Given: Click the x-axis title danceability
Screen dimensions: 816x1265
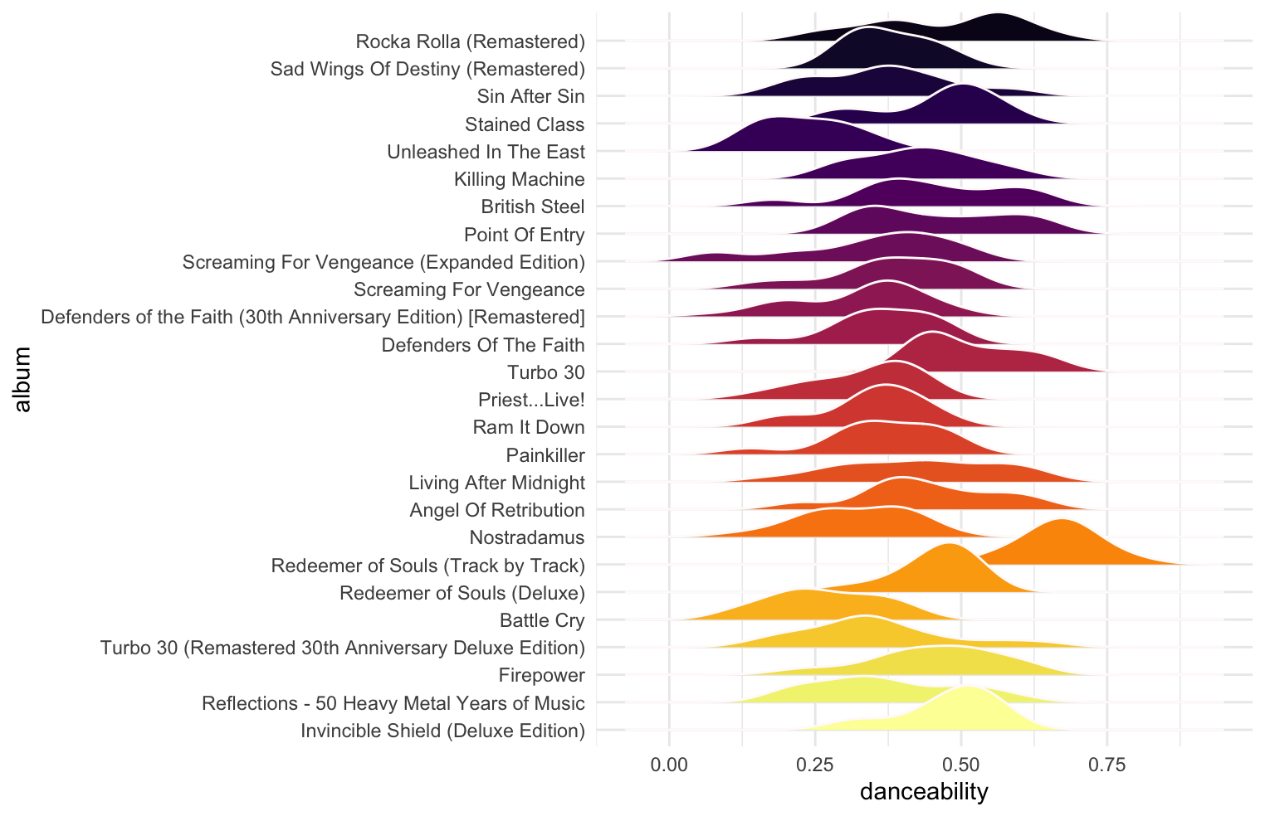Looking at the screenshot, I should [924, 792].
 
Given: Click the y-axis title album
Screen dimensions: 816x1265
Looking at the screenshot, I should [22, 379].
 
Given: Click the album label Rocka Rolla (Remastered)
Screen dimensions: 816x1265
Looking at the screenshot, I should [470, 41].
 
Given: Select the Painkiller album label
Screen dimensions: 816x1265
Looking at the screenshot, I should [545, 455].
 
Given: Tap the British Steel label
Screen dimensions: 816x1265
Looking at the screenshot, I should [533, 206].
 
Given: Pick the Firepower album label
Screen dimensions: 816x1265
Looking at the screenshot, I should [541, 675].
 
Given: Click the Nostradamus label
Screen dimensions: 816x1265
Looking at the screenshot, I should [527, 537].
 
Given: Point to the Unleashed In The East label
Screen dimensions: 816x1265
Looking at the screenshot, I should [486, 152].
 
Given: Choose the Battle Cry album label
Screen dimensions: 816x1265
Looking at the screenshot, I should [542, 620].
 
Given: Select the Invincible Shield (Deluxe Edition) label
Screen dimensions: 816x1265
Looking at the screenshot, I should [442, 731].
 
